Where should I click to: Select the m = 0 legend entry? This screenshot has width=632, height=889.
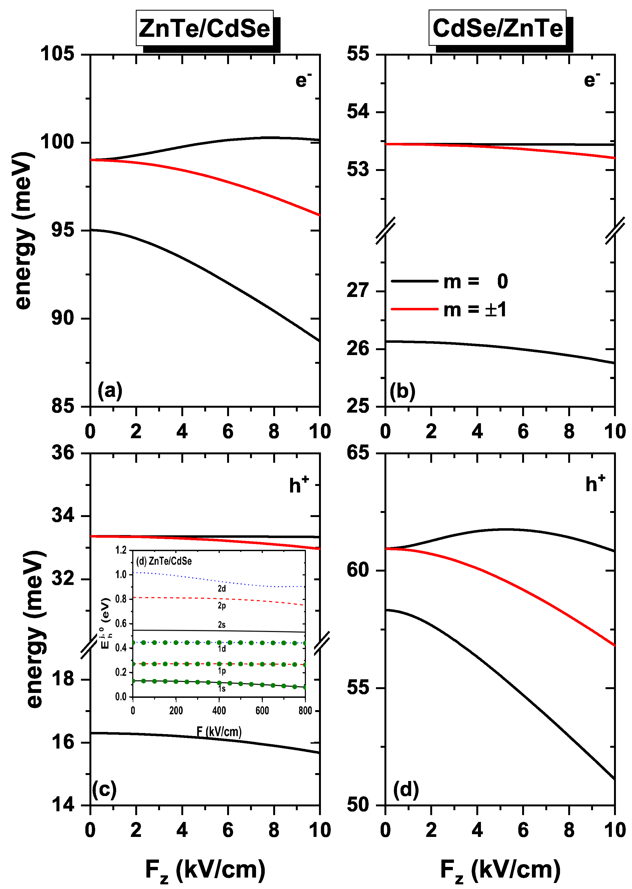coord(450,281)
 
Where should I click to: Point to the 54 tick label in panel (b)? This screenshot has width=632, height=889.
coord(358,112)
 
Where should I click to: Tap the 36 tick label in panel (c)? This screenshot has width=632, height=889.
coord(63,453)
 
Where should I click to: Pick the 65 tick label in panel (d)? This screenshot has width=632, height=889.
coord(358,453)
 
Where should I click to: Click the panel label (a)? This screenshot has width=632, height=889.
coord(110,391)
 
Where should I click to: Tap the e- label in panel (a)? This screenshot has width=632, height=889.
coord(303,80)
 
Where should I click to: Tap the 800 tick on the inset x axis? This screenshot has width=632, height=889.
coord(305,711)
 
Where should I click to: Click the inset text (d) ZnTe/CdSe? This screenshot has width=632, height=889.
coord(164,561)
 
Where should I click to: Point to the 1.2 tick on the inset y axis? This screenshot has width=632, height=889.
coord(121,550)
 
